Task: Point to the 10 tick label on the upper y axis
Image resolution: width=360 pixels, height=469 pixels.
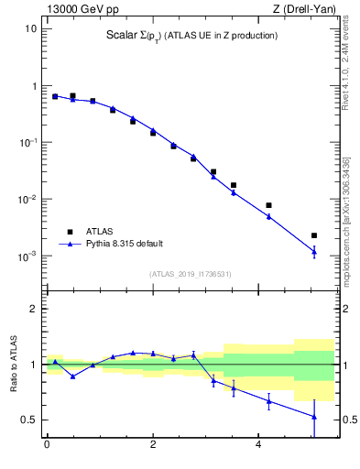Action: tap(30, 28)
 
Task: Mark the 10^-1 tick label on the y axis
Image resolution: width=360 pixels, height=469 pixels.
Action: tap(27, 142)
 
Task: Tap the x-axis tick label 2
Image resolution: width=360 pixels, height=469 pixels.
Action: tap(153, 445)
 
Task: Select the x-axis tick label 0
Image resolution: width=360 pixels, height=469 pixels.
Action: tap(47, 445)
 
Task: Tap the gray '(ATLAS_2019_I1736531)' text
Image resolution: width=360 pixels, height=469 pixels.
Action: tap(190, 274)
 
